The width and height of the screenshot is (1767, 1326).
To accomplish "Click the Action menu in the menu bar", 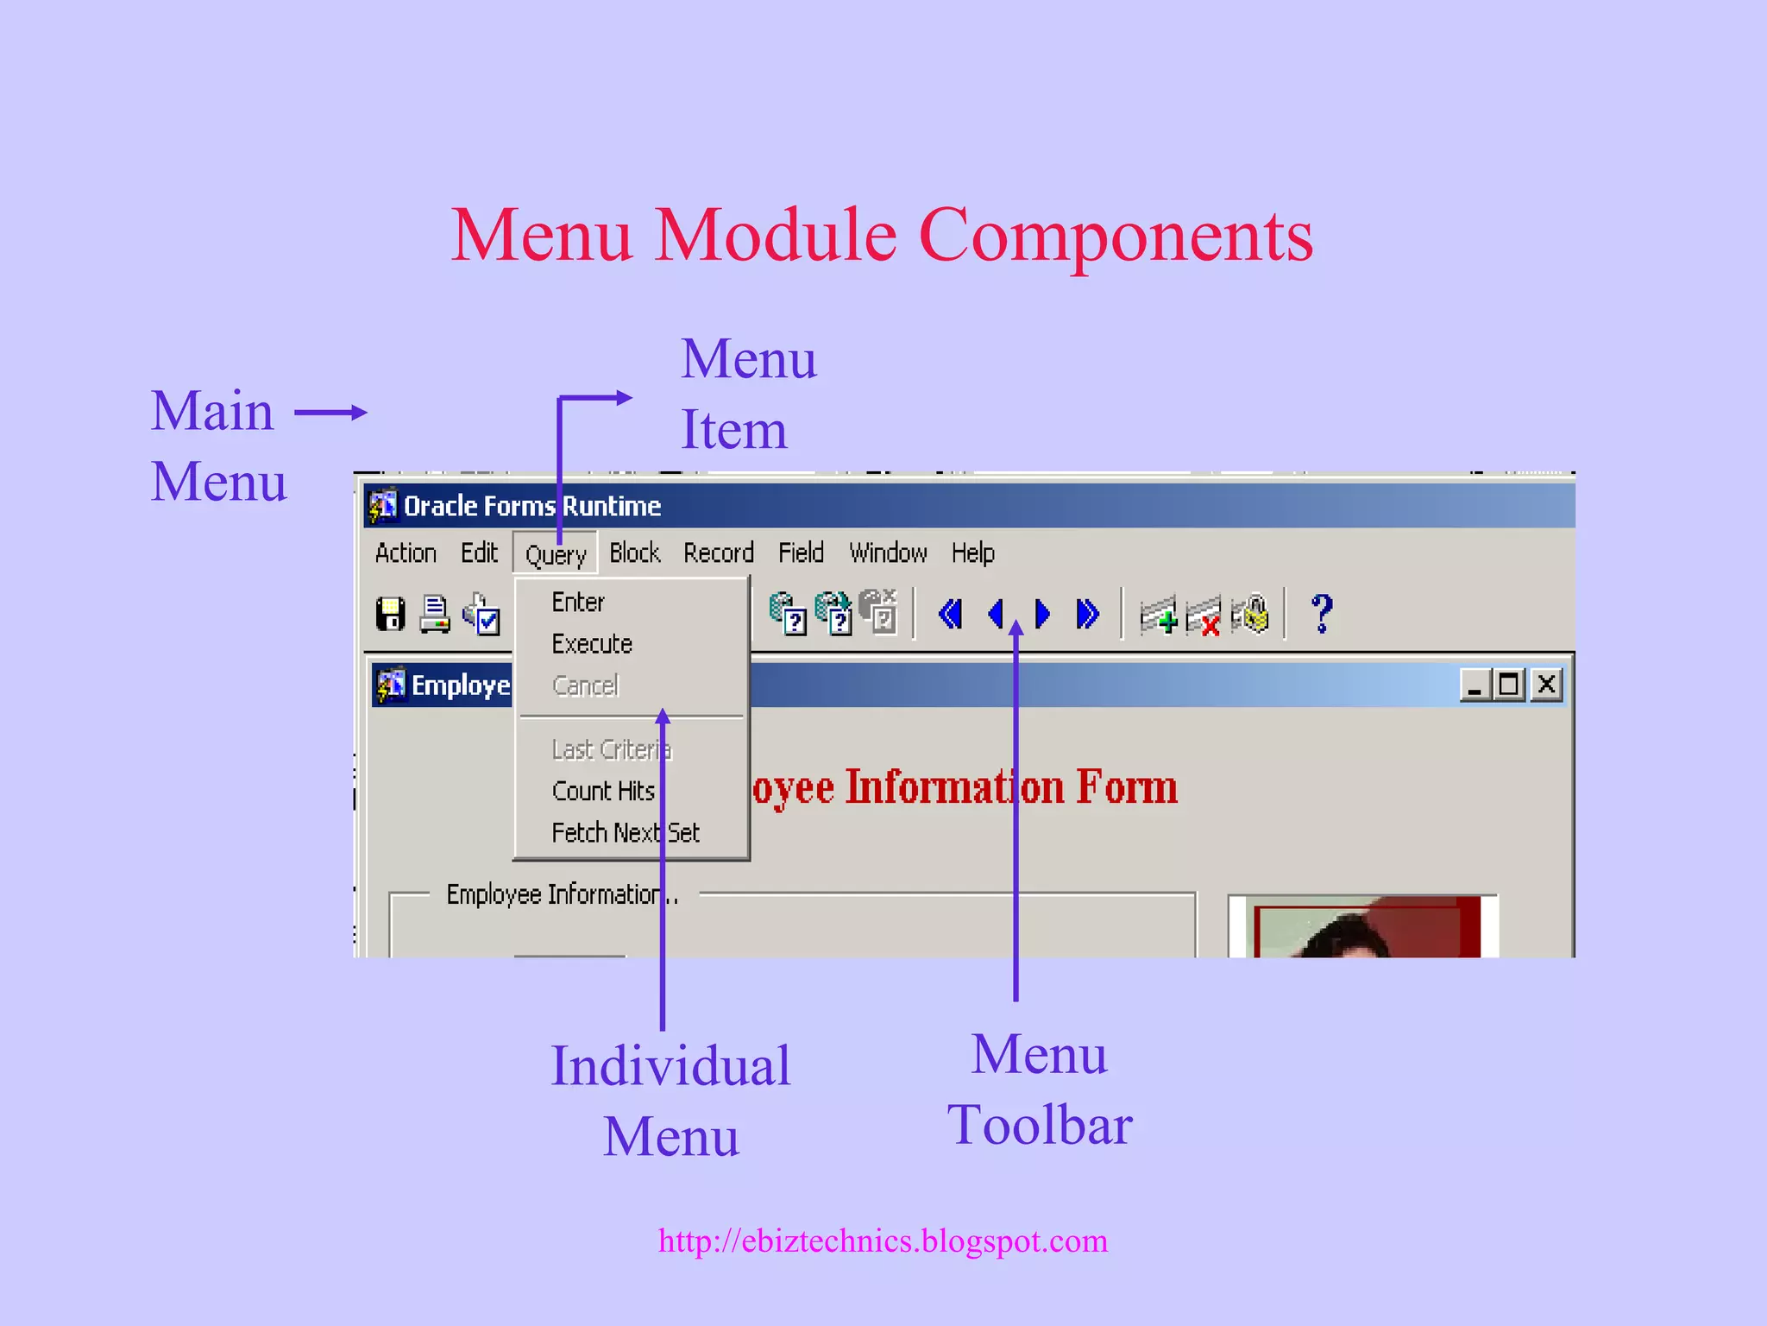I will tap(406, 552).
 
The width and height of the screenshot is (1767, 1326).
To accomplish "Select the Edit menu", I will tap(479, 552).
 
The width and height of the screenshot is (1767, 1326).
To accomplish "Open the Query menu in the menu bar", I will tap(556, 554).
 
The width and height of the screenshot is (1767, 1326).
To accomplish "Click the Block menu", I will tap(634, 552).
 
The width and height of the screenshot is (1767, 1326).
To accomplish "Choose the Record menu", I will tap(719, 552).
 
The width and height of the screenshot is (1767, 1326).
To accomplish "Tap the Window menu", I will tap(888, 552).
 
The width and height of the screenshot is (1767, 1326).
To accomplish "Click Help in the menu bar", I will tap(972, 552).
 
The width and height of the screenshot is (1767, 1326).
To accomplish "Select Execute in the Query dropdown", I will tap(592, 644).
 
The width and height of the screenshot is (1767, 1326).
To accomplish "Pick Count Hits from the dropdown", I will tap(603, 791).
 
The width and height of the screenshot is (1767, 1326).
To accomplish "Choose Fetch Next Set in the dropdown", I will tap(626, 833).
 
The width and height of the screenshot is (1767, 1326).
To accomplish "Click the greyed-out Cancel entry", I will tap(585, 686).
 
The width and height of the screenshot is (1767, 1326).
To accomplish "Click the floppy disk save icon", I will tap(391, 615).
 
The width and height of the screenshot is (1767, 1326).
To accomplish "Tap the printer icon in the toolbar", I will tap(435, 615).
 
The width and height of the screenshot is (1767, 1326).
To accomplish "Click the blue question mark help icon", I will tap(1322, 614).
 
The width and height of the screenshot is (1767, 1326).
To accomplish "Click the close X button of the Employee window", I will tap(1547, 685).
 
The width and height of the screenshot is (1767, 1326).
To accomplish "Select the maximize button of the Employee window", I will tap(1509, 685).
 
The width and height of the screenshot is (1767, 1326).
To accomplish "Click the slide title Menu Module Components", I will tap(882, 235).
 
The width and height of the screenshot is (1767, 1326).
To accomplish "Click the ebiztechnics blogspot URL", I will tap(883, 1241).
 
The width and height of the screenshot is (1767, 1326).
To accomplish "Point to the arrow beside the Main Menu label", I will tap(331, 413).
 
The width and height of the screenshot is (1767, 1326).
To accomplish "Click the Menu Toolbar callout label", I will tap(1039, 1089).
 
